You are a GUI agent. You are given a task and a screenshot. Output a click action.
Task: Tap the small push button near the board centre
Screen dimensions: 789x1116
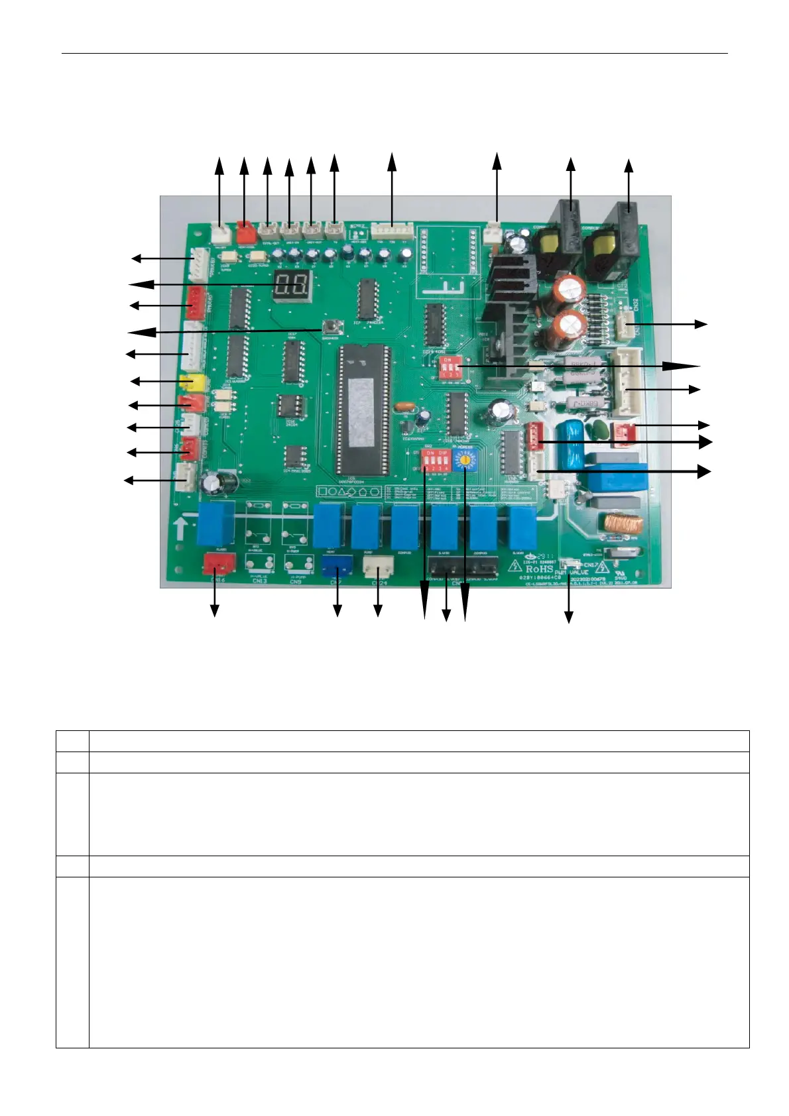[x=328, y=326]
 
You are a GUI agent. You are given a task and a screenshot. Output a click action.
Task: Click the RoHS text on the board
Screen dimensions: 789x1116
[x=539, y=569]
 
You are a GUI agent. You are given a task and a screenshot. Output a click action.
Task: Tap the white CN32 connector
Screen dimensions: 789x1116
[x=626, y=324]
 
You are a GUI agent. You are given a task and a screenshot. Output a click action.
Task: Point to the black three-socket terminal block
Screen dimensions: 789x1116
[x=463, y=567]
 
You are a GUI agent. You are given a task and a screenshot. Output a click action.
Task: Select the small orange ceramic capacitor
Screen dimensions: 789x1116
[x=402, y=407]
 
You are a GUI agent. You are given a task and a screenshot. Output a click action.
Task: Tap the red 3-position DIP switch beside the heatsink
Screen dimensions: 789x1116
[x=448, y=366]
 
